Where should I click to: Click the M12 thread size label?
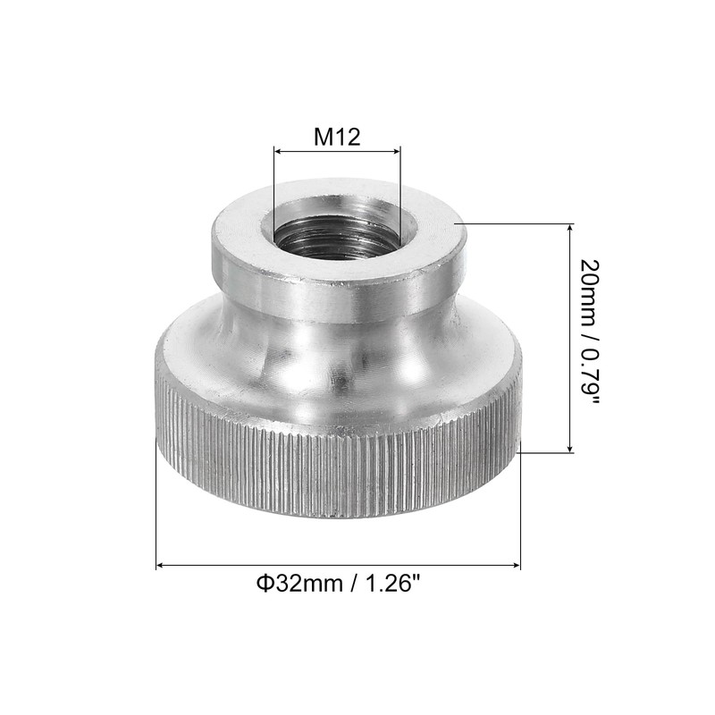[x=337, y=137]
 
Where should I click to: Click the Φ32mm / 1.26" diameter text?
[x=338, y=585]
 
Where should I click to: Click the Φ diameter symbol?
[x=264, y=585]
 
